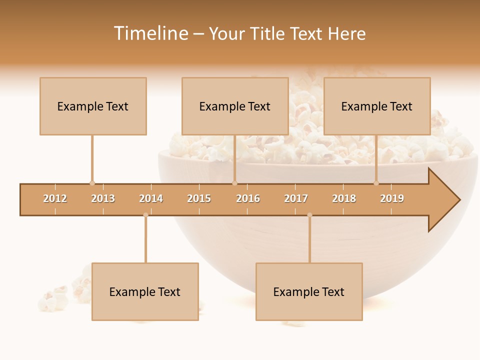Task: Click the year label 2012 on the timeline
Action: [55, 198]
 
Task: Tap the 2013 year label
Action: [103, 198]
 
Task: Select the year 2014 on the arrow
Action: [151, 198]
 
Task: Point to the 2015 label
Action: [199, 198]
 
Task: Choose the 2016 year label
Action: [248, 198]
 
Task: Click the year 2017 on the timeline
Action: [296, 198]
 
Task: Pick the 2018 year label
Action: [344, 198]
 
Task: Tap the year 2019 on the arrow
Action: [392, 198]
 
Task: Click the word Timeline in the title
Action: [150, 33]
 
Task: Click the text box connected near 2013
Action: [93, 106]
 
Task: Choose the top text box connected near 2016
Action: [235, 106]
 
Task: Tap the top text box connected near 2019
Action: [377, 106]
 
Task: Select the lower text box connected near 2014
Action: [145, 291]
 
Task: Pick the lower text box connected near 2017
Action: [309, 291]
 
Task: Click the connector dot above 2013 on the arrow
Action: [92, 183]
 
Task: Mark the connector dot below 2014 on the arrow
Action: [145, 215]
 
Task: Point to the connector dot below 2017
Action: [309, 215]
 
